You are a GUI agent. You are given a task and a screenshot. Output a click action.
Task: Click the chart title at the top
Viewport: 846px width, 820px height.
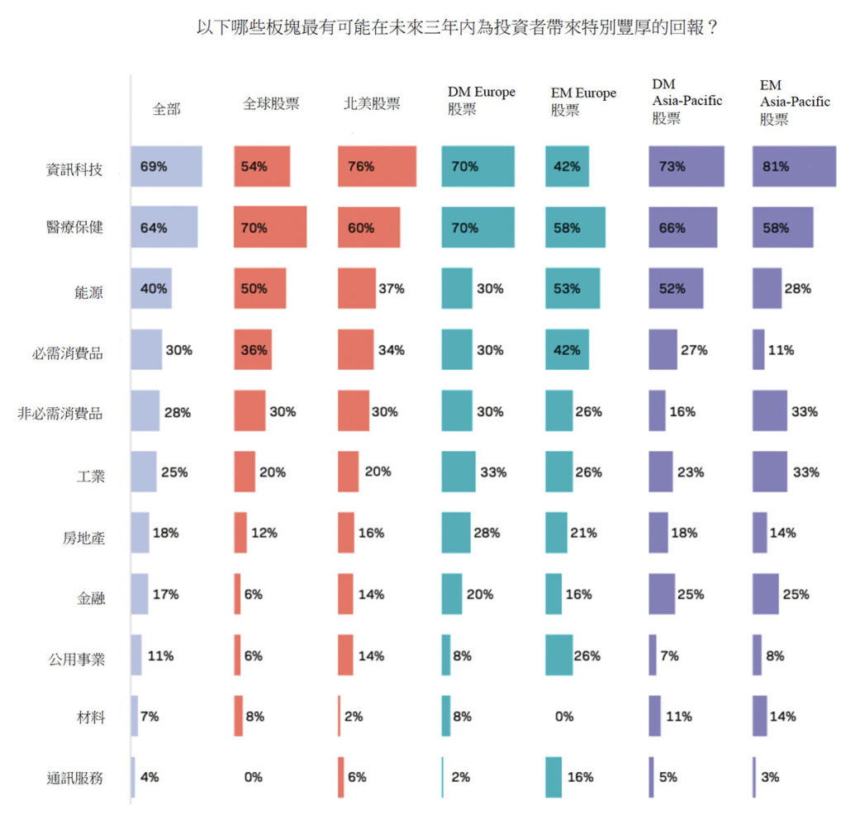tap(455, 27)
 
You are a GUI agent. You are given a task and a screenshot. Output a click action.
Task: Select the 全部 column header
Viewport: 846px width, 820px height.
tap(166, 109)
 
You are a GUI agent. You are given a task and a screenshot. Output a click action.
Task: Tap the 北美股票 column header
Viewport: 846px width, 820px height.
tap(372, 104)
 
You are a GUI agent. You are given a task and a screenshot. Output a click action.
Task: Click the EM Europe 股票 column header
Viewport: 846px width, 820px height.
tap(583, 102)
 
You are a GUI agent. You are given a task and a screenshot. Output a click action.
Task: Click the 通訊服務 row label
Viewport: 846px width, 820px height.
tap(76, 778)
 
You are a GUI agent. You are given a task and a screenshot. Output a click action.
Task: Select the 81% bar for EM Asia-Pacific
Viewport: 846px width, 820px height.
tap(793, 166)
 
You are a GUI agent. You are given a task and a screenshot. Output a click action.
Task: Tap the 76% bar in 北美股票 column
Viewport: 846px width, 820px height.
tap(377, 166)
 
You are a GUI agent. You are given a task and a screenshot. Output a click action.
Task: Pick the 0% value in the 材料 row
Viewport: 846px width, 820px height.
tap(563, 717)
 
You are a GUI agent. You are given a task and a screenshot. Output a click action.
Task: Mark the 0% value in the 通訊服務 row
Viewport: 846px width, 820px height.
tap(253, 777)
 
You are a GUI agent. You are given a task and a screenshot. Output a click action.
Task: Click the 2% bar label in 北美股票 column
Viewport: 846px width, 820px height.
tap(354, 717)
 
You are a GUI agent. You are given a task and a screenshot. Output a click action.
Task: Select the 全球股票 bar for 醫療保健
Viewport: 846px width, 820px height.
tap(270, 227)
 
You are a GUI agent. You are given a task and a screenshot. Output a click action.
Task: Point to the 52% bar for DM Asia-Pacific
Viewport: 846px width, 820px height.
tap(676, 288)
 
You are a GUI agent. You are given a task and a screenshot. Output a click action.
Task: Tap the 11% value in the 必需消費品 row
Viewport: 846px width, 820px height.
tap(782, 350)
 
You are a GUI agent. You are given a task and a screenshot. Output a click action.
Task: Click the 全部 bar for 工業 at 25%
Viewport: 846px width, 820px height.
tap(143, 472)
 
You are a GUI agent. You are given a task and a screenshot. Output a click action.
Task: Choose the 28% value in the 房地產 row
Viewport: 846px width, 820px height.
tap(487, 533)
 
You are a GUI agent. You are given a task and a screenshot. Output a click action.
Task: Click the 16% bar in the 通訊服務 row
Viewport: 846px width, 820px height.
tap(554, 777)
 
